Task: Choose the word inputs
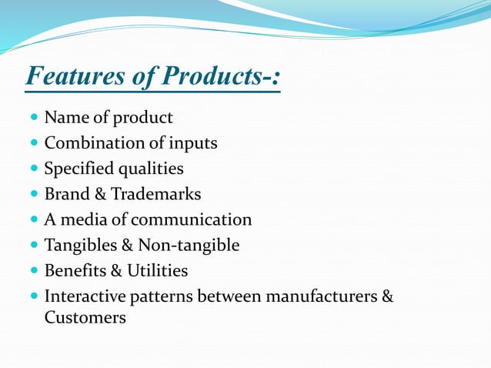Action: (192, 143)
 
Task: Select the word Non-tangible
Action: (189, 245)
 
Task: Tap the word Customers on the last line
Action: (85, 316)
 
